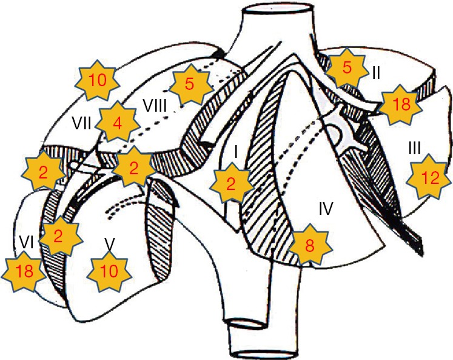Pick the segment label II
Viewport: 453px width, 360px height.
click(x=376, y=73)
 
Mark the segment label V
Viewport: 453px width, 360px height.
click(x=110, y=242)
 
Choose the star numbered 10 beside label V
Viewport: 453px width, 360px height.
click(x=109, y=271)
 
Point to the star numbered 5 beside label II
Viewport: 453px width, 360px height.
click(x=346, y=68)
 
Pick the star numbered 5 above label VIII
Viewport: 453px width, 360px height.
click(x=189, y=84)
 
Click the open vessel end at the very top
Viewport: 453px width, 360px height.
click(x=271, y=12)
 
